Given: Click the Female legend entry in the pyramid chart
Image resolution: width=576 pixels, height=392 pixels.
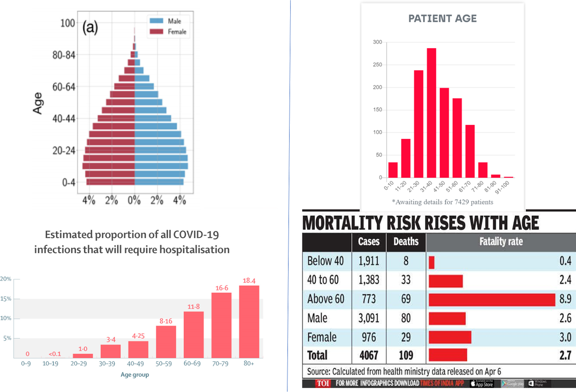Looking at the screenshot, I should coord(168,32).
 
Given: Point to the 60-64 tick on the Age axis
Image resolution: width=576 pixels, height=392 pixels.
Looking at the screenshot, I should coord(64,87).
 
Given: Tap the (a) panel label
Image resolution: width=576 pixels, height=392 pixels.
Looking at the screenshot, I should coord(90,27).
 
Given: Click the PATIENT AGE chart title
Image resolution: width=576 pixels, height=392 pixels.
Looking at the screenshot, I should coord(442,18).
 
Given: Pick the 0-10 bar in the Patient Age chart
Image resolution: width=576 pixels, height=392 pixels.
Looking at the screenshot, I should coord(393,170).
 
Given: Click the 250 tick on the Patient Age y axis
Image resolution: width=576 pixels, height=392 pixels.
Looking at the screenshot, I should coord(377,64).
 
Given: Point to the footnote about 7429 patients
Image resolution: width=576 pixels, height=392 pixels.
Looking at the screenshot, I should coord(442,202).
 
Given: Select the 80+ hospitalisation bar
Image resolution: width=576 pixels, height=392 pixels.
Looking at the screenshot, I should coord(249,321).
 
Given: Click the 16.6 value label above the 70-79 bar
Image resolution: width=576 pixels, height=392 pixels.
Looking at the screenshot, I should coord(222,288).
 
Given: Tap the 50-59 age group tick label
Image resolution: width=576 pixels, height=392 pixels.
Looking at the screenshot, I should coord(163,364).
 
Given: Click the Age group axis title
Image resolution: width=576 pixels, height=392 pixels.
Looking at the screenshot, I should coord(135,375).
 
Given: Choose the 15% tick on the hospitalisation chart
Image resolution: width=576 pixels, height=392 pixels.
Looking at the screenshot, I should coord(6,299).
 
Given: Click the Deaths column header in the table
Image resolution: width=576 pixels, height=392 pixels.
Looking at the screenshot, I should coord(406,242).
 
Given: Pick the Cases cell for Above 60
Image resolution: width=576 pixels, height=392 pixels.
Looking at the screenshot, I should coord(369,299).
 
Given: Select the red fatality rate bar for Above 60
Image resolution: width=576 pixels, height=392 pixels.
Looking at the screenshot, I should coord(492,300).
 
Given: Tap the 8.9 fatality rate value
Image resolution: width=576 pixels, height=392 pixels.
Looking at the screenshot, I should coord(565,299).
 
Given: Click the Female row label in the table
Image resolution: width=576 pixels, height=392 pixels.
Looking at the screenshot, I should coord(322,337).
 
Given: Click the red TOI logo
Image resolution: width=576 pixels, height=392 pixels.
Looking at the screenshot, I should coord(323,383).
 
